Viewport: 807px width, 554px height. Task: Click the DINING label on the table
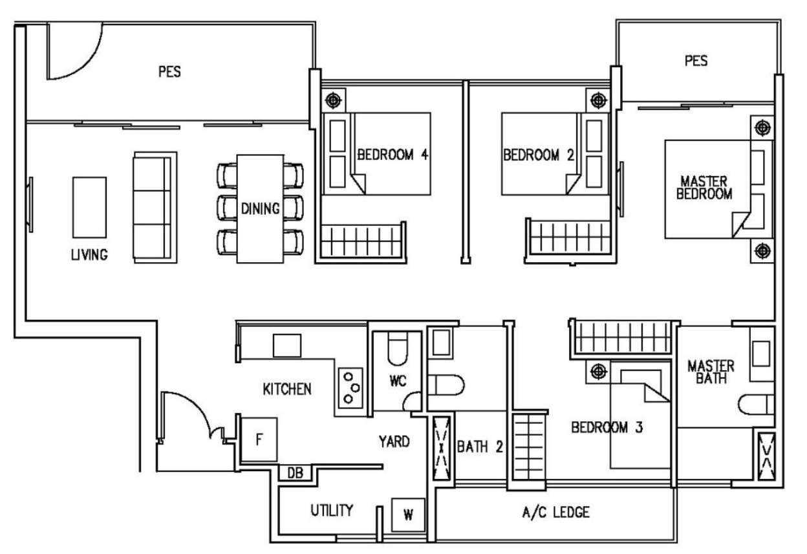(x=260, y=208)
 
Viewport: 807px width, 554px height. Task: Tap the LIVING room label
(x=89, y=254)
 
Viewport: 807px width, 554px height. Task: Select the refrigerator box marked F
(x=259, y=439)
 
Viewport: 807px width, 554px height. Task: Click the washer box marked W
(x=408, y=515)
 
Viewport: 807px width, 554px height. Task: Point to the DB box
(x=295, y=473)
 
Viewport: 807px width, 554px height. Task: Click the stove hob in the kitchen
(x=350, y=388)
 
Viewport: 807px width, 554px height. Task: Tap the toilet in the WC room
(x=398, y=349)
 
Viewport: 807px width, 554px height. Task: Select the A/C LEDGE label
(x=556, y=512)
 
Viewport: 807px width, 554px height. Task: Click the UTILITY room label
(x=332, y=510)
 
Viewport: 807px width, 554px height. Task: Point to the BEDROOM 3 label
(x=607, y=427)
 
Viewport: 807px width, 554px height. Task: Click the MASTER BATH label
(x=711, y=372)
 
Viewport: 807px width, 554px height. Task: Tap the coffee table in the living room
(x=89, y=207)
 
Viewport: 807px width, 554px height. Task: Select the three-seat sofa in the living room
(x=155, y=207)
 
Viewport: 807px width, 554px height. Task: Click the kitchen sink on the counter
(x=286, y=346)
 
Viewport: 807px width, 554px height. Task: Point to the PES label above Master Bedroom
(x=696, y=61)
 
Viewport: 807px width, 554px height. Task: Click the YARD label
(x=394, y=441)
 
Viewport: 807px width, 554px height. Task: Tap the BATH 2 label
(x=480, y=447)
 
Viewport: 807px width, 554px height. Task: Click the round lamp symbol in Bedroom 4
(x=333, y=100)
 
